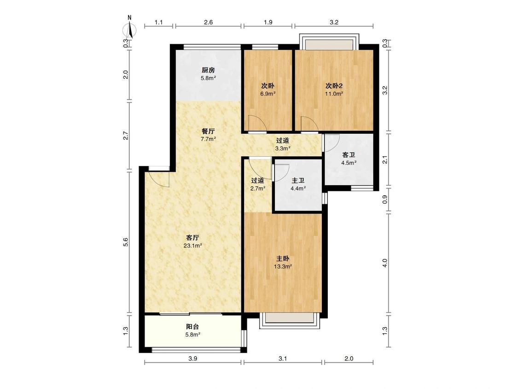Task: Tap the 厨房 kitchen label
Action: (x=209, y=70)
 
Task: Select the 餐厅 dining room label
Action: (x=209, y=131)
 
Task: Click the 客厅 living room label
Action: (x=192, y=237)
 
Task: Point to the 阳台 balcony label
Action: (x=192, y=326)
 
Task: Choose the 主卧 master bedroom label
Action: (x=283, y=259)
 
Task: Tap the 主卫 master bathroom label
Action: (x=298, y=181)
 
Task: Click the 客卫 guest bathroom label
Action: (x=349, y=155)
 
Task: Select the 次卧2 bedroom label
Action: (x=334, y=86)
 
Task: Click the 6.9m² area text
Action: (x=268, y=94)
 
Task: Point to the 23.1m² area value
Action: (x=192, y=246)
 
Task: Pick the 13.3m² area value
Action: (x=283, y=266)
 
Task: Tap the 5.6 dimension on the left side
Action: (x=126, y=242)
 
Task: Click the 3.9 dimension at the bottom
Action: (x=192, y=359)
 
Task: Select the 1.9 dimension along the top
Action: (x=268, y=22)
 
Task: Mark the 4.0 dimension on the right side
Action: (x=384, y=263)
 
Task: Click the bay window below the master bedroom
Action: (x=290, y=320)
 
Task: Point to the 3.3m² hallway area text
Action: (x=283, y=148)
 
